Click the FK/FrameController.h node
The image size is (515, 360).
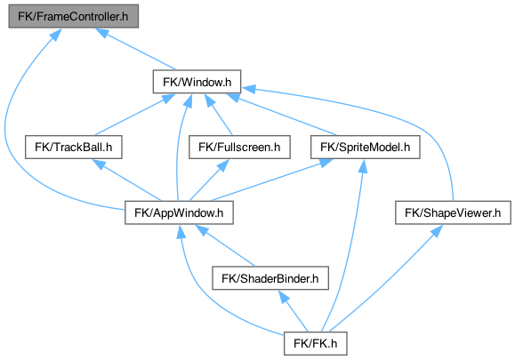point(73,16)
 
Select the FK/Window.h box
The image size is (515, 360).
point(197,82)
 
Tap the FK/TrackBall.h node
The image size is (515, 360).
point(74,147)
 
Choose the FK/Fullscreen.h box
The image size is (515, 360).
point(239,147)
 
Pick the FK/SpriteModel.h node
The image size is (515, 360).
point(366,147)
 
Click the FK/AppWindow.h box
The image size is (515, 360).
point(179,212)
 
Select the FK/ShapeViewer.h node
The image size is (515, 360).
point(453,212)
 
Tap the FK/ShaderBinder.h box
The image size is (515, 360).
point(270,278)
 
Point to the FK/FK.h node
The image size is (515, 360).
point(315,344)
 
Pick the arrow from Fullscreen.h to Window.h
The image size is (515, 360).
point(219,114)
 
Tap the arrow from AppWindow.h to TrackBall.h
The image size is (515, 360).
point(126,180)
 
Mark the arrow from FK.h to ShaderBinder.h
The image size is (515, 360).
point(294,311)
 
